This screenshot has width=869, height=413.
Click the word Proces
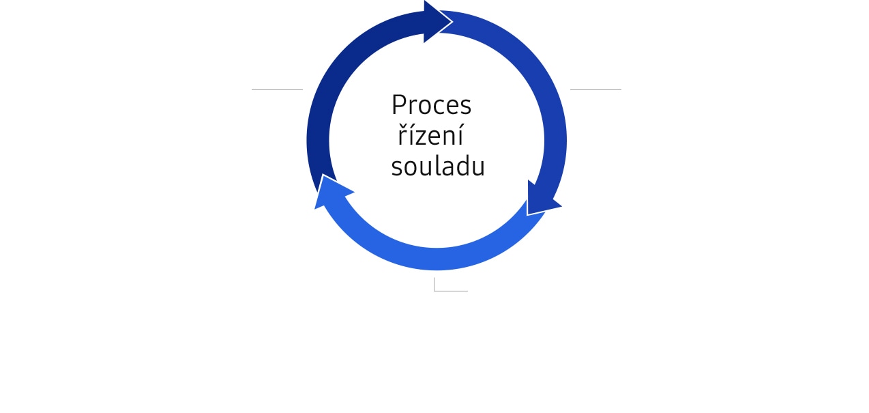[x=431, y=105]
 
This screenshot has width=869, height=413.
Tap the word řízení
[x=430, y=135]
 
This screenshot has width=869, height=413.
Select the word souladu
[x=438, y=166]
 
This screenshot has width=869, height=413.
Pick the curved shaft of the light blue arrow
[x=437, y=259]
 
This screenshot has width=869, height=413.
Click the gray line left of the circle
[x=278, y=89]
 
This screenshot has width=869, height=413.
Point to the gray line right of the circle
[x=595, y=89]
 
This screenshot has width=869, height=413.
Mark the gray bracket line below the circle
[x=446, y=291]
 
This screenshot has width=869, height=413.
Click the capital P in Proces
[x=399, y=105]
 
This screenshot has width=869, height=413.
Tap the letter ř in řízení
[x=402, y=135]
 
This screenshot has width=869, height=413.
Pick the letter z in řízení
[x=419, y=138]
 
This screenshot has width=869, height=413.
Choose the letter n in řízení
[x=450, y=138]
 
